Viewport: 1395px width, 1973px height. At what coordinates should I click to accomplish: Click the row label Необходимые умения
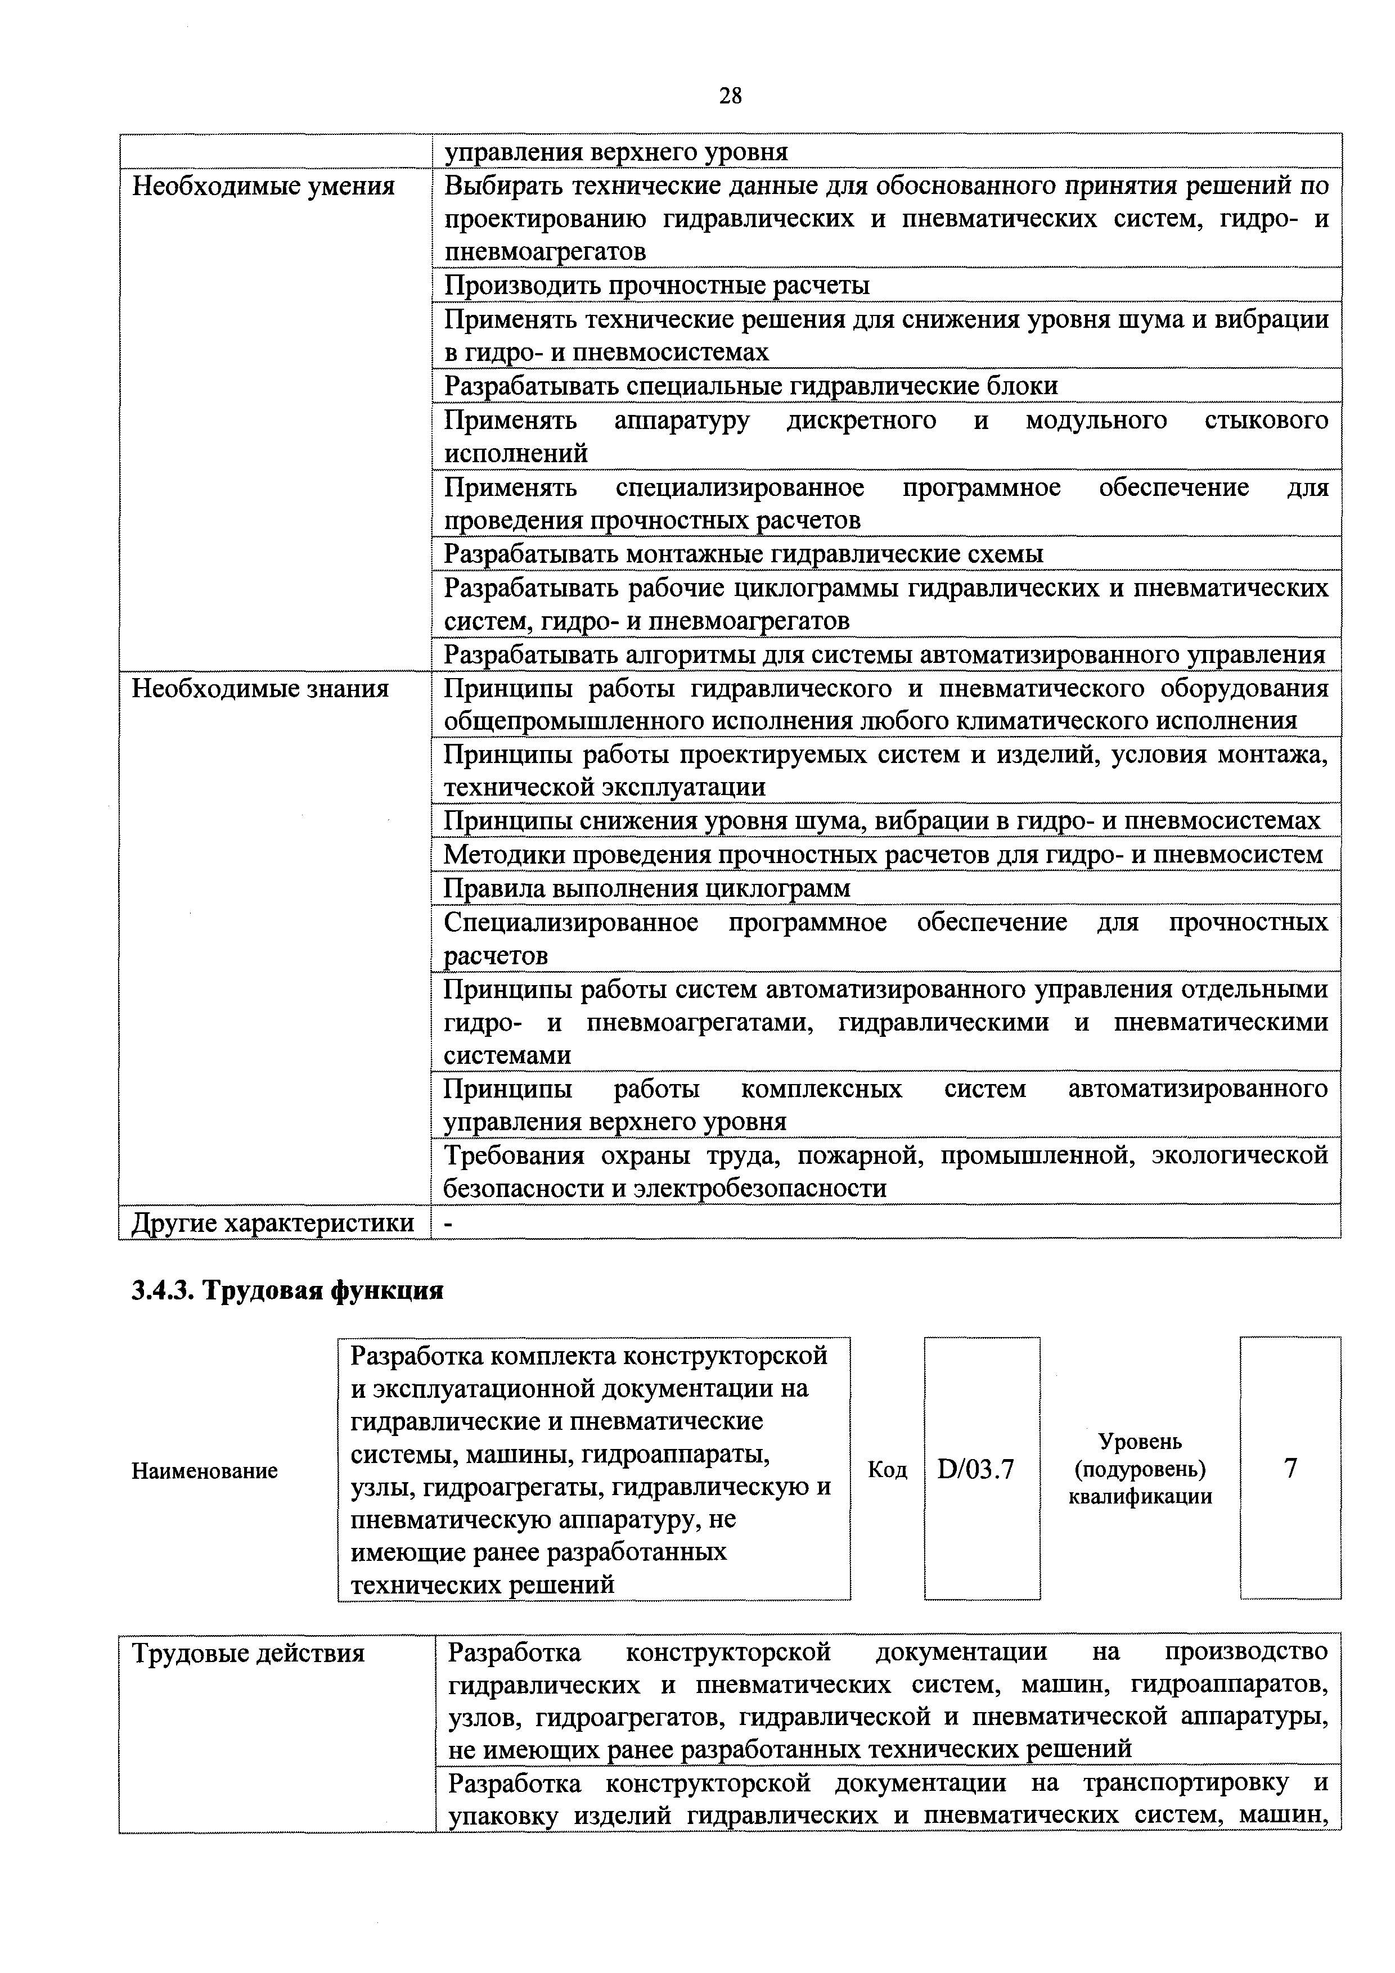coord(263,187)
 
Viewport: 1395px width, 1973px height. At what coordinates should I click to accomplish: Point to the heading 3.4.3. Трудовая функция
coord(287,1292)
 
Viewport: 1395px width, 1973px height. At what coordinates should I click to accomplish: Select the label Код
coord(887,1470)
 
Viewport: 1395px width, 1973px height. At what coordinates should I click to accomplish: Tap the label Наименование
coord(205,1471)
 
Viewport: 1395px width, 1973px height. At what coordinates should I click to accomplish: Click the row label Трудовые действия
coord(249,1653)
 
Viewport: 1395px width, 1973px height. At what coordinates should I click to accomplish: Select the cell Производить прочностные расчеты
coord(656,285)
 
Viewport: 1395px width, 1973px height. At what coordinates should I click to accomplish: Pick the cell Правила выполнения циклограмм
coord(646,888)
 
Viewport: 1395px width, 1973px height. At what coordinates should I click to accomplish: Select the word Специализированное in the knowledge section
coord(571,923)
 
